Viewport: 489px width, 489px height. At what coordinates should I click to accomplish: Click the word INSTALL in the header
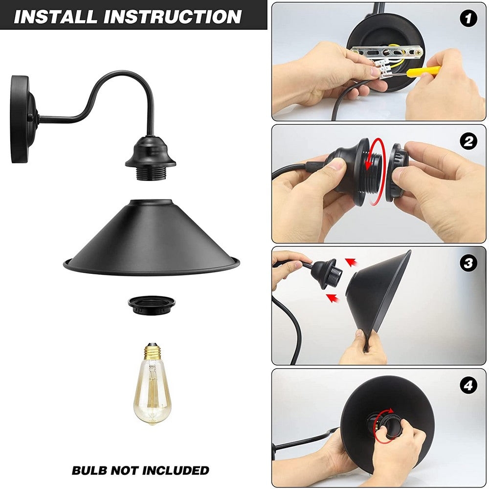(x=56, y=17)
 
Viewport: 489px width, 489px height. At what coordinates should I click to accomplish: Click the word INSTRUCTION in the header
(x=173, y=17)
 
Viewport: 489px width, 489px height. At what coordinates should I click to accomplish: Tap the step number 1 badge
(x=468, y=19)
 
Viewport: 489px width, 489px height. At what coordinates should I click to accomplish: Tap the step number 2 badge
(x=468, y=141)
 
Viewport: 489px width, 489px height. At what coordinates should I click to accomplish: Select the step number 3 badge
(x=468, y=263)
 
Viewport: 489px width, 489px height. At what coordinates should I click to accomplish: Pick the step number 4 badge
(x=468, y=385)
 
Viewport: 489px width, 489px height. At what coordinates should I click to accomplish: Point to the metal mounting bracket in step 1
(x=387, y=52)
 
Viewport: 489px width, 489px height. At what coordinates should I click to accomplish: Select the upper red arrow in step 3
(x=352, y=262)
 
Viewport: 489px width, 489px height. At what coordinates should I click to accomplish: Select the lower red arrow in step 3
(x=333, y=298)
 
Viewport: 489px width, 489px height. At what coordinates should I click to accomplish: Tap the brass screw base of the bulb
(x=152, y=352)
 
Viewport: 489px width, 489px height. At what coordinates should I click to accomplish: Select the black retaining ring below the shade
(x=152, y=306)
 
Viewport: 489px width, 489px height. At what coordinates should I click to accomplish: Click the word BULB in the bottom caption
(x=89, y=470)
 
